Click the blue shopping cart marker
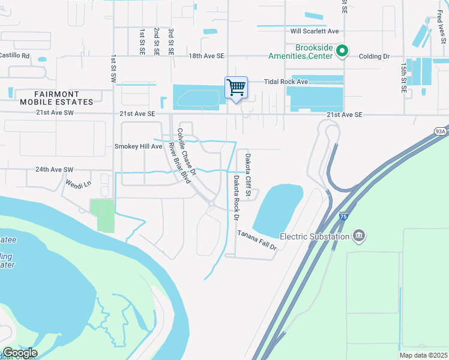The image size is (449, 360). [237, 88]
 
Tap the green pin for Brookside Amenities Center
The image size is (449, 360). [342, 50]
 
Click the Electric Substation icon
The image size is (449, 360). [359, 235]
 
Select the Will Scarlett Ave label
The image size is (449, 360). [315, 31]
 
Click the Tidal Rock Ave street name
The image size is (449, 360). [286, 82]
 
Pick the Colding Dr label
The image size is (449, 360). [374, 56]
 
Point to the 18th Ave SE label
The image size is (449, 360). [206, 56]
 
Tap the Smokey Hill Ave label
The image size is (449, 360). [139, 146]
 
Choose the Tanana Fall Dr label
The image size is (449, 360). [256, 240]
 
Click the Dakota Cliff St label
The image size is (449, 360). [248, 171]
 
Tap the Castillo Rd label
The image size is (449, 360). [14, 55]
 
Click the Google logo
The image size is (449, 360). [19, 353]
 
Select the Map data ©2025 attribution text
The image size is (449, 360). [423, 355]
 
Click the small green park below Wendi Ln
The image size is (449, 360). [101, 215]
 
